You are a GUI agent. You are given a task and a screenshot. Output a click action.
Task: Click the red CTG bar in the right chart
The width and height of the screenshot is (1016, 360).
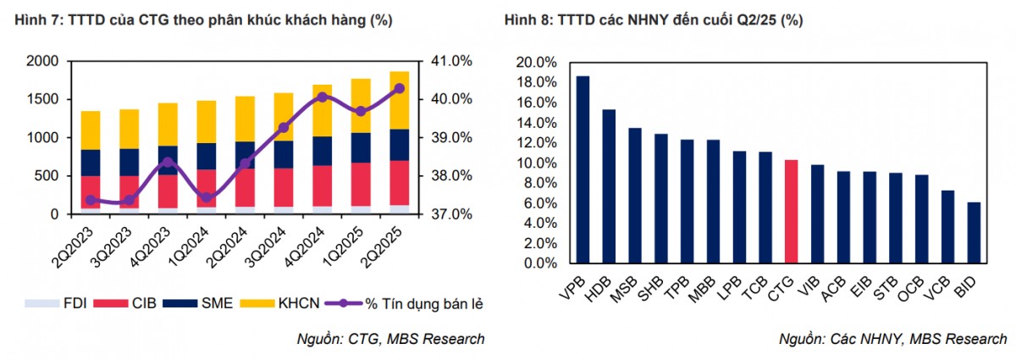click(x=791, y=211)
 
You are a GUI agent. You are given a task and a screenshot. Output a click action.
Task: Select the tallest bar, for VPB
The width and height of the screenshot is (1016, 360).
click(x=583, y=169)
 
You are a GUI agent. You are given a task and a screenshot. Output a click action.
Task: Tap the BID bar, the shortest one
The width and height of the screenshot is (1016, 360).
click(x=974, y=232)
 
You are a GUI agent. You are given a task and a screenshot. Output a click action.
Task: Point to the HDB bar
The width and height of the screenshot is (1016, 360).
click(x=609, y=186)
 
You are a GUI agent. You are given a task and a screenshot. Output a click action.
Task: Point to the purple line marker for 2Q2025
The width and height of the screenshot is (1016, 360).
click(x=400, y=88)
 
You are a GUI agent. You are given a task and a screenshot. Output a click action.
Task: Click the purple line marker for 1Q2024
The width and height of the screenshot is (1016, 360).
click(x=206, y=197)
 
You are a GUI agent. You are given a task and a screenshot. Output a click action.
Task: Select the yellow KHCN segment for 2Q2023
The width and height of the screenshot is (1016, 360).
click(x=90, y=130)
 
